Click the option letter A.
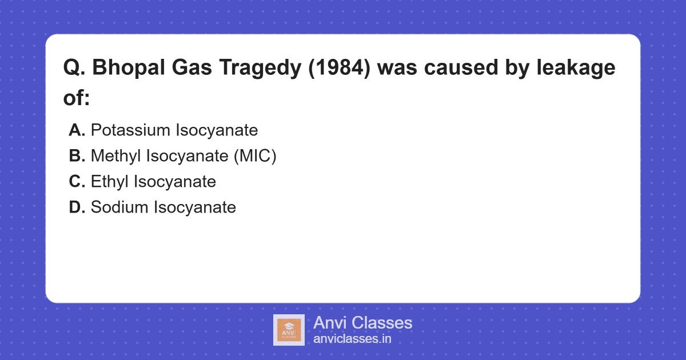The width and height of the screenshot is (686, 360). point(77,130)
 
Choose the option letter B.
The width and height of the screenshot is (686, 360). point(77,156)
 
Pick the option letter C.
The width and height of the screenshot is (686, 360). point(77,182)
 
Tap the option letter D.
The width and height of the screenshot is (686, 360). point(77,207)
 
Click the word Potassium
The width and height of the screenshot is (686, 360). point(130,130)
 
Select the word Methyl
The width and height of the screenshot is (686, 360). point(116,156)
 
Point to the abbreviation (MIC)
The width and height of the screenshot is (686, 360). point(254,156)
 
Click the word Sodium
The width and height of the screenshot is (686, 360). point(119,207)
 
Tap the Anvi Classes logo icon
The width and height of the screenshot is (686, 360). point(289,330)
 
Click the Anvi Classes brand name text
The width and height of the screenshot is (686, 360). point(362,323)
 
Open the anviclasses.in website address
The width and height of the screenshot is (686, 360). point(352,339)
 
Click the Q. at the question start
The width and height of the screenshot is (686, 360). point(74,68)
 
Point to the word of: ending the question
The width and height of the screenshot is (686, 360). point(77,98)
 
